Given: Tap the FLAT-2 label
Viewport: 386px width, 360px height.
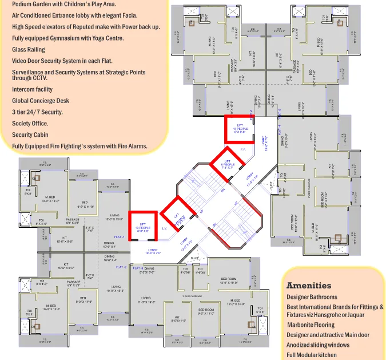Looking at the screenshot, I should (x=121, y=267).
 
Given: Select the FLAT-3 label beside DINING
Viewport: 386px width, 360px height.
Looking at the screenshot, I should (x=137, y=268).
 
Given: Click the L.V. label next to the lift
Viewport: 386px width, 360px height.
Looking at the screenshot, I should (x=164, y=229).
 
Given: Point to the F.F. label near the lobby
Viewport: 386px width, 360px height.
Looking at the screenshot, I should (x=242, y=150).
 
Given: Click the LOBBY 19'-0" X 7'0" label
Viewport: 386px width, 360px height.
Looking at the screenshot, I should (x=154, y=251).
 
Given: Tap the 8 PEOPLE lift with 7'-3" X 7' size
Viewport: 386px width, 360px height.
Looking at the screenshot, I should (x=227, y=163).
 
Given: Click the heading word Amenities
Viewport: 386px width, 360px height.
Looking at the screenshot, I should (x=308, y=285).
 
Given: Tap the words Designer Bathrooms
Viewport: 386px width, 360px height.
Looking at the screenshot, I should (x=312, y=297).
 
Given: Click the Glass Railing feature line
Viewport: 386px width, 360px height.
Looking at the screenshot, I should (x=29, y=50).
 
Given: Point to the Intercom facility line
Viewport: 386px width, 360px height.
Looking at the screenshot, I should (x=32, y=89).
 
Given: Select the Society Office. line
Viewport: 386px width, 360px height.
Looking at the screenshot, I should (x=30, y=123).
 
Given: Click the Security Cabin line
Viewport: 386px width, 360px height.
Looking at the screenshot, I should (x=30, y=134).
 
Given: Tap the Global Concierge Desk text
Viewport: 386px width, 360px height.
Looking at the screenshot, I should (x=40, y=101).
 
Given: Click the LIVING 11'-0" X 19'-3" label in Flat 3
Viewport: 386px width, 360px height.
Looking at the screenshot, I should (x=146, y=300).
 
